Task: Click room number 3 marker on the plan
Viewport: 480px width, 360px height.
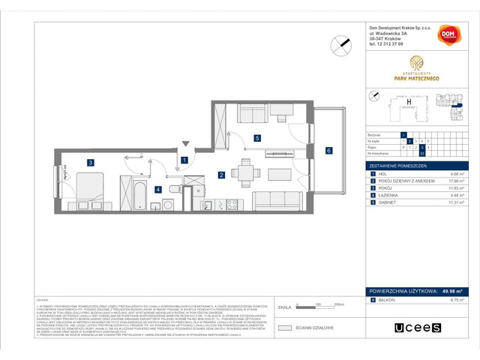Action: tap(89, 162)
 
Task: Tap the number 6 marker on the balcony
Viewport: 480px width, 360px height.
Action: tap(328, 150)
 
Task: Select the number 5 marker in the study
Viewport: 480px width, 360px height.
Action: tap(256, 138)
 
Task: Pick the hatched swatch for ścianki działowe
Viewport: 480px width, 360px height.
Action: tap(283, 327)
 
